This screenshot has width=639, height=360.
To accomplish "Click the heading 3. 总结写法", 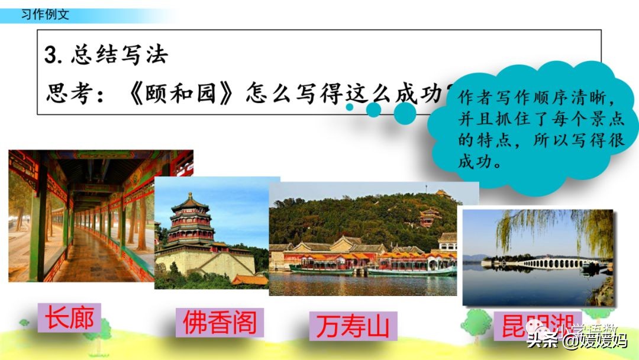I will coord(106,55).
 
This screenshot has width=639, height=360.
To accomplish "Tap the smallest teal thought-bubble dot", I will coord(350,107).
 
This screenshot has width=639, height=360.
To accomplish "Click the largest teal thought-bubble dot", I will coord(405,113).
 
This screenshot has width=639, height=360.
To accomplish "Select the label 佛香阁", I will coord(219,323).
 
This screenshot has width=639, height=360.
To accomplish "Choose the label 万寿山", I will coord(353,326).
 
